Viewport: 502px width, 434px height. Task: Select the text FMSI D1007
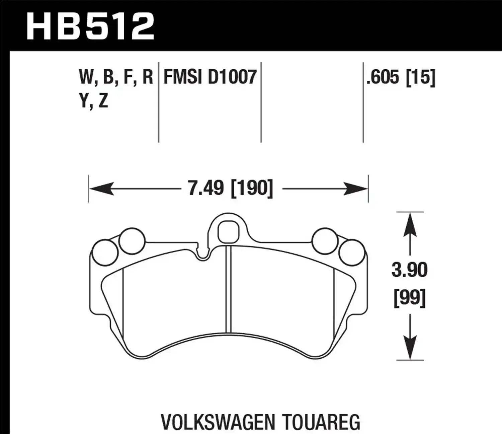[210, 77]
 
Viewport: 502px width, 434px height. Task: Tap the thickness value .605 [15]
[401, 77]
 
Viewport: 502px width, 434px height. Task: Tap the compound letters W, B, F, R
[116, 77]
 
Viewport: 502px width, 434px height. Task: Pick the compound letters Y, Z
[94, 100]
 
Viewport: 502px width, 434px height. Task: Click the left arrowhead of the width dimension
[100, 189]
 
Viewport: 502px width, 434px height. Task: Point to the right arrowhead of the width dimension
[356, 189]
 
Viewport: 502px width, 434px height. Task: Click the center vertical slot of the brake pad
[229, 288]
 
